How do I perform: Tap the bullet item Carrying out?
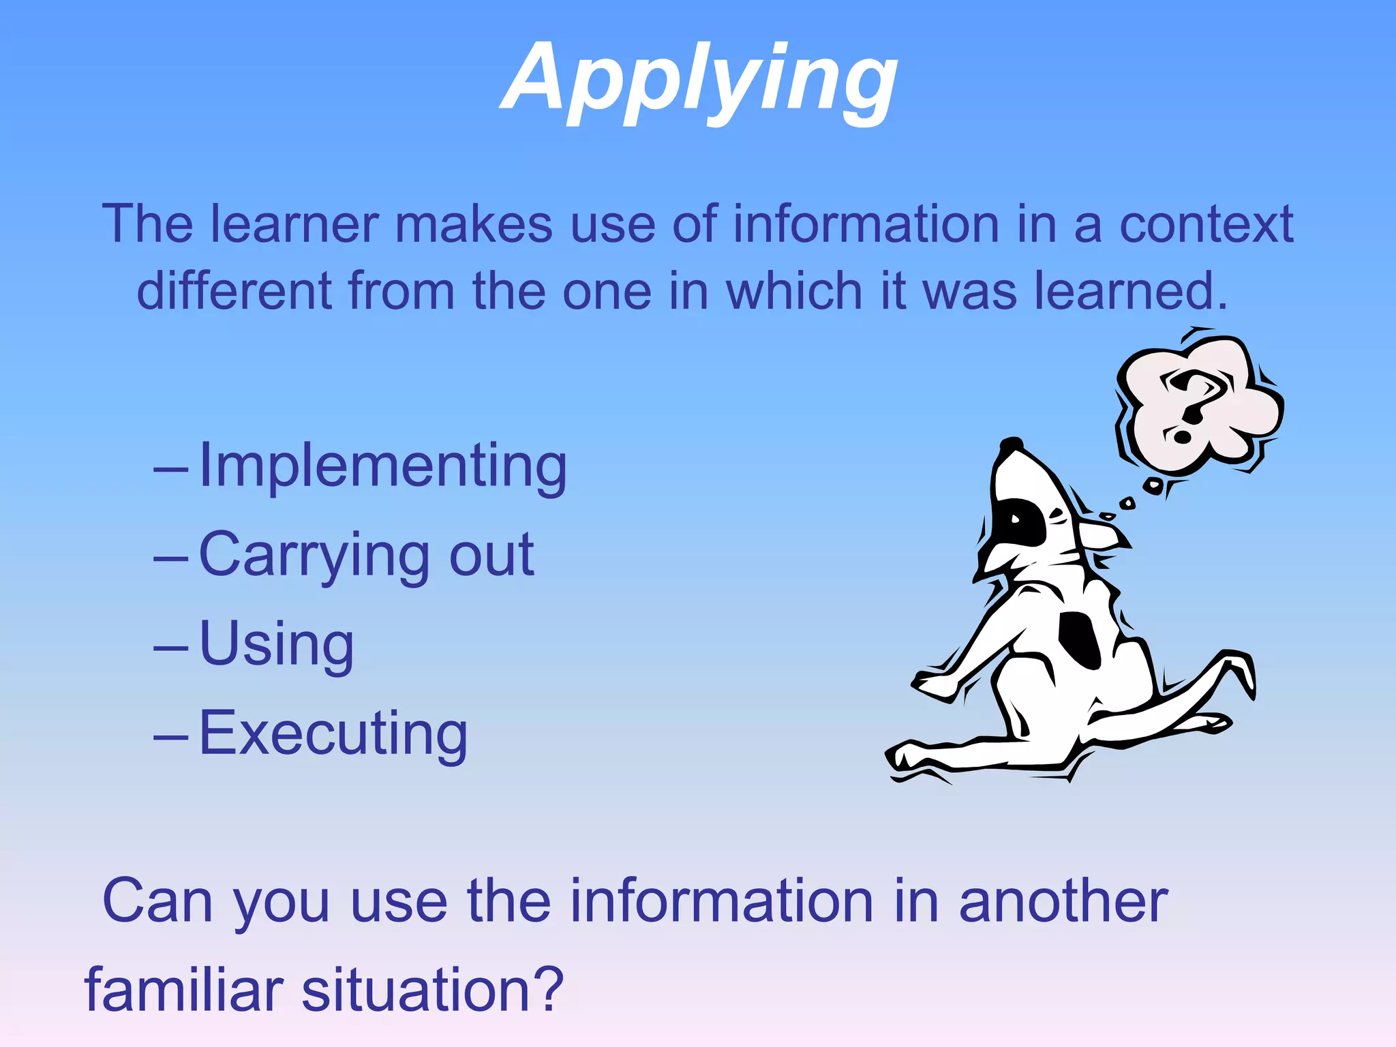[x=366, y=555]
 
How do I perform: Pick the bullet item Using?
[x=276, y=644]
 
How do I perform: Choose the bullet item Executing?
[x=333, y=733]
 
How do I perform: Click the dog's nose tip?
[x=1012, y=444]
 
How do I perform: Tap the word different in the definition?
[x=234, y=291]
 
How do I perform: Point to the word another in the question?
[x=1063, y=901]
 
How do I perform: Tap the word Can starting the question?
[x=157, y=901]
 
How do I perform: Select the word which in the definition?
[x=795, y=291]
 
